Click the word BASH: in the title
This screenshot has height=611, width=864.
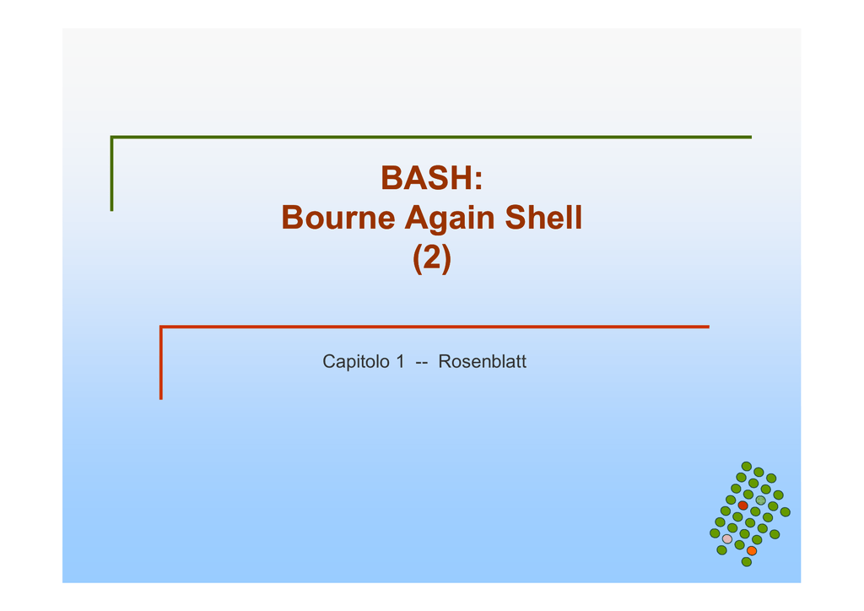coord(431,178)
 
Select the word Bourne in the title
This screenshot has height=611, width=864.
coord(337,217)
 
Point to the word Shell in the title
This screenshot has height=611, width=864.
coord(543,217)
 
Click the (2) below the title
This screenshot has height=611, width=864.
coord(432,258)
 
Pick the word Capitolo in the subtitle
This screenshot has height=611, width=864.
coord(355,362)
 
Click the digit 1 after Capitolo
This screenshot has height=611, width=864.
coord(400,361)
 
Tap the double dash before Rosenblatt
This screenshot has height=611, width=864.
coord(422,363)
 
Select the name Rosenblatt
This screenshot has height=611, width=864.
coord(482,361)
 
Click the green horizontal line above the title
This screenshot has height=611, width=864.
coord(431,138)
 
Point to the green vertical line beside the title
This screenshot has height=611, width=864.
coord(112,174)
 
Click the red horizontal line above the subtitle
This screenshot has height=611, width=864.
coord(435,327)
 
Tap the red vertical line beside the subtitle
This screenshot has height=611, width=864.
coord(161,363)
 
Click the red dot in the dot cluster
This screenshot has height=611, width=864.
coord(742,506)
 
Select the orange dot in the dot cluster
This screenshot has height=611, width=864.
coord(752,550)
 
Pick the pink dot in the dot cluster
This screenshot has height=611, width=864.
coord(727,538)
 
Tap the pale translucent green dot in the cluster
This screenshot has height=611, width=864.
coord(760,500)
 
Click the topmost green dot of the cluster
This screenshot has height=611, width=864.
coord(747,466)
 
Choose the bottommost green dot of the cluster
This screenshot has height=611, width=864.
coord(747,561)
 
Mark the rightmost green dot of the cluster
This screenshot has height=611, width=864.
coord(786,511)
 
